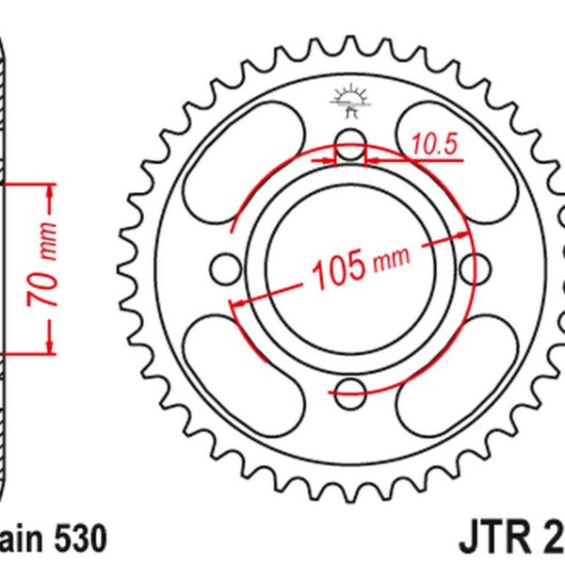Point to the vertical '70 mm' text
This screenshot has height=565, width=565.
[45, 269]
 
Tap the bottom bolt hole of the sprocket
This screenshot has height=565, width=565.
[350, 392]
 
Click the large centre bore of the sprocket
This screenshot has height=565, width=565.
[350, 226]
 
